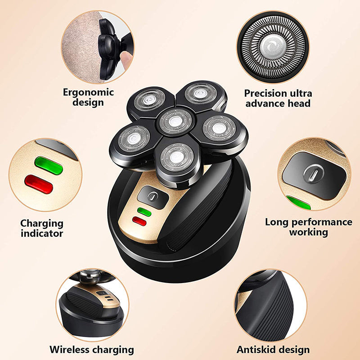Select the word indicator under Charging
click(41, 233)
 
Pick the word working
click(308, 232)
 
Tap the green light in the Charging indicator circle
click(49, 166)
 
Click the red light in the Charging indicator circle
click(39, 184)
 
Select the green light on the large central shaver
click(144, 211)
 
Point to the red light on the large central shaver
click(139, 221)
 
